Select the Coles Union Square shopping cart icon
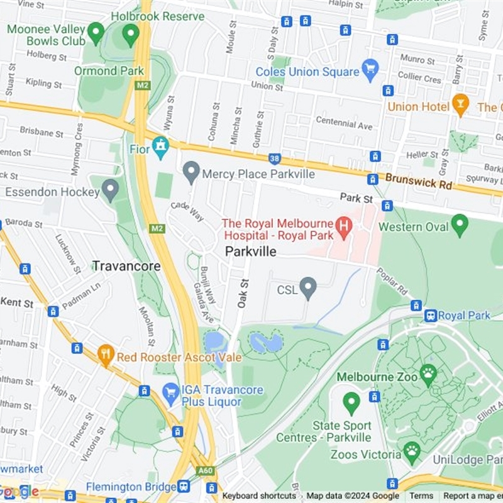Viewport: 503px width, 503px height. click(x=370, y=67)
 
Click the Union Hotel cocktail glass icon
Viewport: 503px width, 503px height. click(x=461, y=104)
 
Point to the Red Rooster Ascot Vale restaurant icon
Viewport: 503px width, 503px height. click(x=106, y=355)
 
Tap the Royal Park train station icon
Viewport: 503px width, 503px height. click(x=431, y=316)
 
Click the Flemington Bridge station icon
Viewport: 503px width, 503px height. click(x=184, y=486)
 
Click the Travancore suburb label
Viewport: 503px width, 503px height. click(x=126, y=266)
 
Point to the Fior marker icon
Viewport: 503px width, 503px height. click(x=161, y=147)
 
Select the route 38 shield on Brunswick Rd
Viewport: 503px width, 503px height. click(x=274, y=160)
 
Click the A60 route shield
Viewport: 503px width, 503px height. click(x=204, y=469)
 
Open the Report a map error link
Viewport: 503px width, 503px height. click(x=472, y=495)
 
